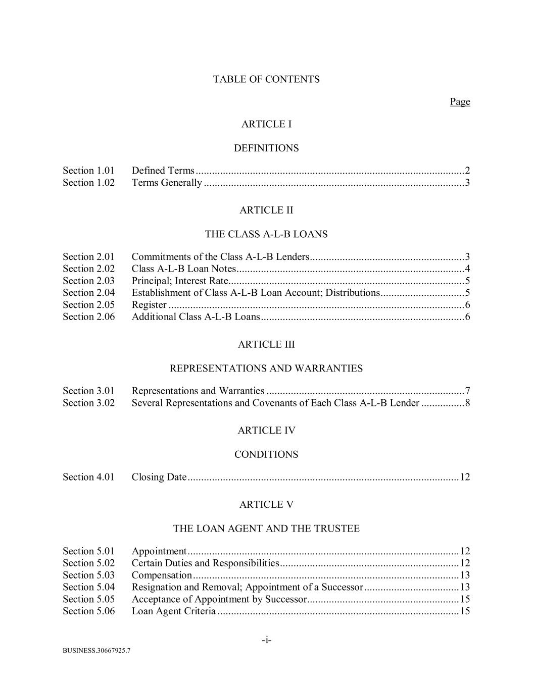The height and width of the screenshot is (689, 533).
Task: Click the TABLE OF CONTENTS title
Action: click(266, 79)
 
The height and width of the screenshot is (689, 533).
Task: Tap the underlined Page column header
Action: click(460, 102)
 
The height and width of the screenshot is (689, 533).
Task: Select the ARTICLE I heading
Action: click(266, 124)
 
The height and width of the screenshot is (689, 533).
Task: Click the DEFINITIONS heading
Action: click(266, 148)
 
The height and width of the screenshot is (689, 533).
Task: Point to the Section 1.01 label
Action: click(88, 171)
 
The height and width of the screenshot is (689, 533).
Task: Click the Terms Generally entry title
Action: click(167, 183)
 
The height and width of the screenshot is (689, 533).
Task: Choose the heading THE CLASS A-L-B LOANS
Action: click(266, 234)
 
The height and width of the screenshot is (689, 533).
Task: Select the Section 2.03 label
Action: click(88, 281)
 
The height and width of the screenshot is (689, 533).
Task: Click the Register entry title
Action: click(149, 305)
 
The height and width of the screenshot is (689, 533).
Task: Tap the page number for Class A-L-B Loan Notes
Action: click(467, 269)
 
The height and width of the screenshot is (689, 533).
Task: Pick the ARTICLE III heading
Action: click(266, 344)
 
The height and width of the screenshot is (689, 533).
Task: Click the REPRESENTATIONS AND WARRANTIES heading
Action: click(266, 368)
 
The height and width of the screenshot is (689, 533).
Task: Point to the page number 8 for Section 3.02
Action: click(467, 403)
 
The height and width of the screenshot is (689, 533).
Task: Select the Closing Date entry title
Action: click(159, 477)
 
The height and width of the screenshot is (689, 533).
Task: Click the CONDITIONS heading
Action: click(266, 455)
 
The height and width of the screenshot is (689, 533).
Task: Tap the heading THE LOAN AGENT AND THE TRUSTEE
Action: click(266, 528)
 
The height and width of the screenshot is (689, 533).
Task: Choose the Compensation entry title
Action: click(162, 575)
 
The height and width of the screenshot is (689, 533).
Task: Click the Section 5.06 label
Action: click(88, 611)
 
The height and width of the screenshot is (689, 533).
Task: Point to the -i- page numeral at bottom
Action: click(266, 641)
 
